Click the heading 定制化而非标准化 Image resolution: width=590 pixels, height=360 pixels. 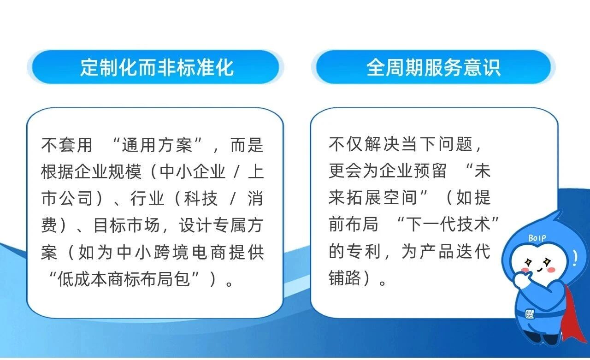[x=157, y=68]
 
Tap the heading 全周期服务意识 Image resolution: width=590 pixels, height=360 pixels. [x=434, y=68]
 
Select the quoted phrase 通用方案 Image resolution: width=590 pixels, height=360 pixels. [x=157, y=145]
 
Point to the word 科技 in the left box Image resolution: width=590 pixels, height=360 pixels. [x=201, y=198]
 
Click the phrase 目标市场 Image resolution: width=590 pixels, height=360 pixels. [x=127, y=225]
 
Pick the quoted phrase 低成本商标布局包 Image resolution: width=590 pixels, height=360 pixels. [x=124, y=279]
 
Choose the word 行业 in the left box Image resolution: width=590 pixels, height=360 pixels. [x=147, y=198]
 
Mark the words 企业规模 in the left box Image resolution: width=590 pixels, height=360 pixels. [x=108, y=172]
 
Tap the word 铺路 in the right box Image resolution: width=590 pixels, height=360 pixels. [x=345, y=278]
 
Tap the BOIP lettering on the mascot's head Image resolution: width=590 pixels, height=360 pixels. [x=537, y=238]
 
